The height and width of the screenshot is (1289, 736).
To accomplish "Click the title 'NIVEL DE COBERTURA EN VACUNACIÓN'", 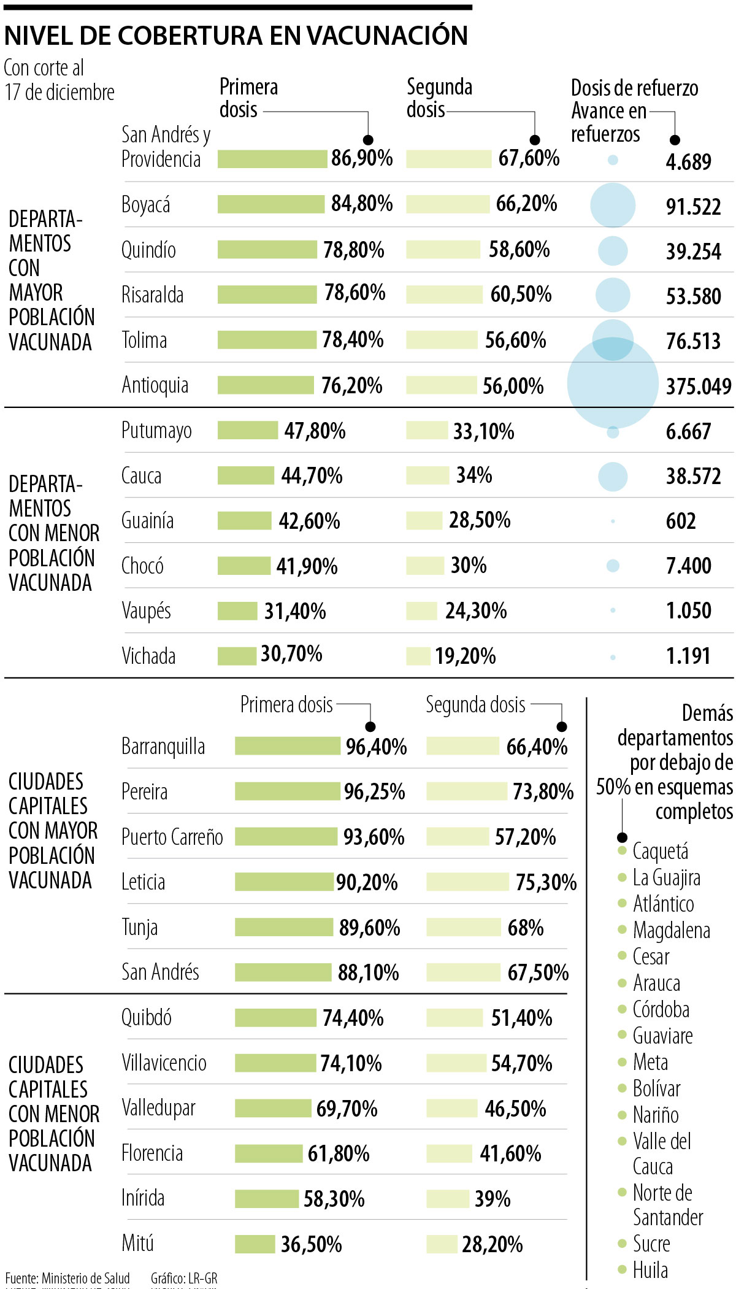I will [236, 36].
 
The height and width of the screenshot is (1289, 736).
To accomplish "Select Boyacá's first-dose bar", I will [270, 204].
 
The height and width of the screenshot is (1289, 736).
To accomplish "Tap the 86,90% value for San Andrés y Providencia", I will [362, 158].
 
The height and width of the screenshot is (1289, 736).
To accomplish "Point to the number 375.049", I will [699, 387].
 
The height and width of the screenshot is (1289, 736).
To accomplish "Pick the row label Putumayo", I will [156, 431].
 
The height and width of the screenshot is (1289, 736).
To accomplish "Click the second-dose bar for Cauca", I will [427, 475].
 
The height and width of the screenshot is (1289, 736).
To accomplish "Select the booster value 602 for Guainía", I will [681, 521].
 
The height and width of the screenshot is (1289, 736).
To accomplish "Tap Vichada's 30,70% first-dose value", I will [291, 654].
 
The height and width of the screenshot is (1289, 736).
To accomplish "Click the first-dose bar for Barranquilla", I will [287, 746].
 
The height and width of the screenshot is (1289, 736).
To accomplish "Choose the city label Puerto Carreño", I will [172, 837].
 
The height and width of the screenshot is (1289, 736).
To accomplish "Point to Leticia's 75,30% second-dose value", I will [546, 882].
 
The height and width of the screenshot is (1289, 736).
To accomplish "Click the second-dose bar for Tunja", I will [464, 927].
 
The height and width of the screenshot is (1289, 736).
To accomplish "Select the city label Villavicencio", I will [164, 1063].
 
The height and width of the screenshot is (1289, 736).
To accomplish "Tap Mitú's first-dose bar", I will [255, 1244].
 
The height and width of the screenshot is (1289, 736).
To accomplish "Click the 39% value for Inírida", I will [493, 1199].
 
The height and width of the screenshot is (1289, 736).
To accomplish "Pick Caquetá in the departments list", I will [661, 851].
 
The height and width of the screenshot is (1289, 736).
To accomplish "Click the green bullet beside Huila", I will [622, 1269].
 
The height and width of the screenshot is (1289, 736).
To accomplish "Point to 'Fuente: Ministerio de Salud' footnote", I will [67, 1279].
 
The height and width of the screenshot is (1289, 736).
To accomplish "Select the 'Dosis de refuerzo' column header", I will [634, 88].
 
